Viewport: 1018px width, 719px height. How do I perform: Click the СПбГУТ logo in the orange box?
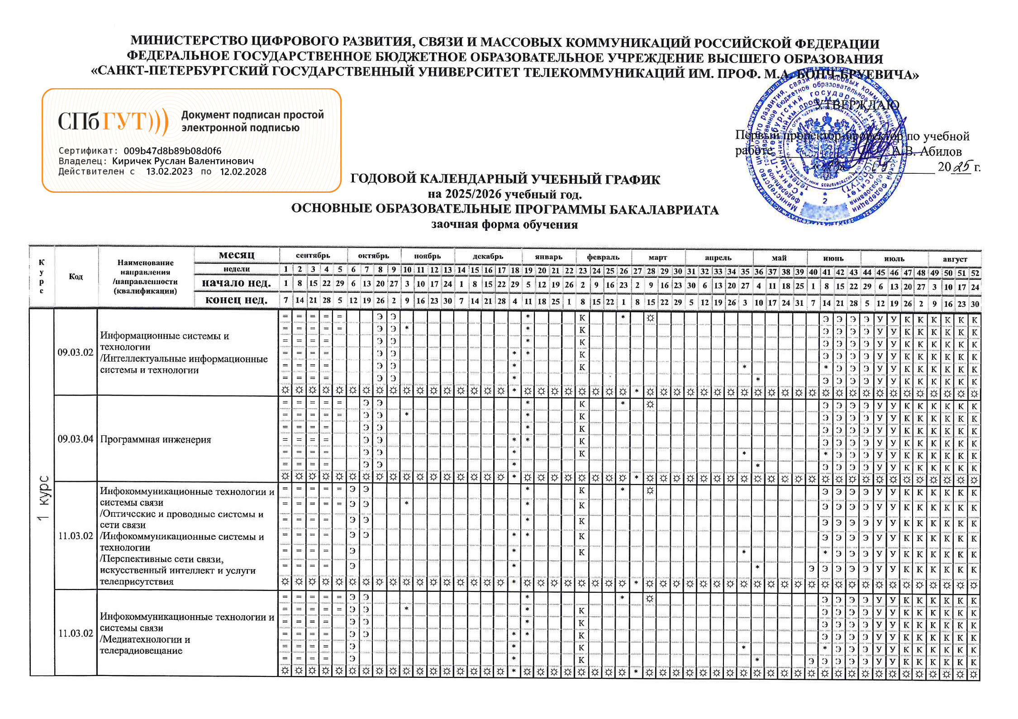point(113,121)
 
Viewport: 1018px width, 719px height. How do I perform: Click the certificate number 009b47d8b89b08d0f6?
point(172,151)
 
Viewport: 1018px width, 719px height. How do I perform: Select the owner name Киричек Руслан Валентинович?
point(183,161)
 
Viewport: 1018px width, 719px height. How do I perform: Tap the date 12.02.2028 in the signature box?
point(243,171)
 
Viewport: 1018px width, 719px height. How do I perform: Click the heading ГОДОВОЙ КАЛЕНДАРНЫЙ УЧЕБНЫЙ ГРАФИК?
point(505,179)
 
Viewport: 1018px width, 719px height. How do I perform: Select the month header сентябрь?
point(313,256)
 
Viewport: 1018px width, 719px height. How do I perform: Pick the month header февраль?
point(603,257)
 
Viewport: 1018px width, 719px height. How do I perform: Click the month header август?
point(955,259)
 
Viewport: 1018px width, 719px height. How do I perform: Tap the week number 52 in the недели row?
point(975,273)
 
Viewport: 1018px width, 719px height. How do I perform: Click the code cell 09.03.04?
point(76,439)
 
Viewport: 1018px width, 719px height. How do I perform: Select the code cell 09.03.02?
point(76,352)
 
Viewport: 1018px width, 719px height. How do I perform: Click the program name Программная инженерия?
point(156,439)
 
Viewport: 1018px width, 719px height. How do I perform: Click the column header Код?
point(76,276)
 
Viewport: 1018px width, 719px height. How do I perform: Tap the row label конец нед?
point(236,300)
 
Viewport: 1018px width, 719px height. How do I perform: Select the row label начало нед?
point(236,283)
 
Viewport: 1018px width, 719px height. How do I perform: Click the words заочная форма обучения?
point(504,224)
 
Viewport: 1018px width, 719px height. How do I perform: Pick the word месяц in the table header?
point(236,255)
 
